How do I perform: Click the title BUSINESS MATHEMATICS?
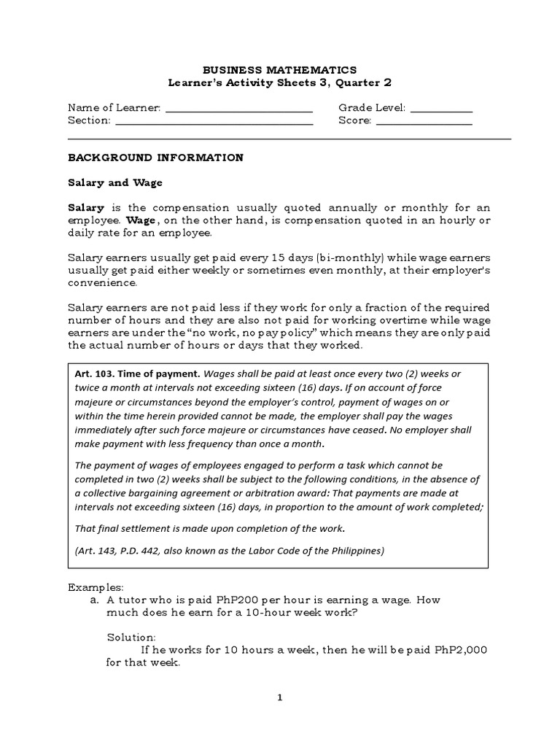coord(280,70)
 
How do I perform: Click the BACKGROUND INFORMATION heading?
coord(155,158)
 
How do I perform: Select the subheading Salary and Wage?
coord(114,182)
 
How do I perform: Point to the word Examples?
coord(96,587)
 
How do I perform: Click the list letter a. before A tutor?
coord(95,600)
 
